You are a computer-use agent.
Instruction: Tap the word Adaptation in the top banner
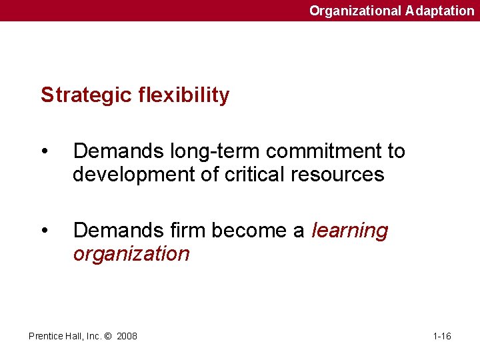click(439, 11)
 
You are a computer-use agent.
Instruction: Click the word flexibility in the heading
click(184, 95)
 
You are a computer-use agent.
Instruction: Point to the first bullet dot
click(44, 152)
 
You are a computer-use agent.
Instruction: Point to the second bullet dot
click(44, 231)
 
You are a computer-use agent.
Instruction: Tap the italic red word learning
click(349, 231)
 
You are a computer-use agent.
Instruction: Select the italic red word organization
click(131, 254)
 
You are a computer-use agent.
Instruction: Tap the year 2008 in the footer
click(127, 336)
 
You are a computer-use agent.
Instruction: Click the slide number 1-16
click(442, 336)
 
